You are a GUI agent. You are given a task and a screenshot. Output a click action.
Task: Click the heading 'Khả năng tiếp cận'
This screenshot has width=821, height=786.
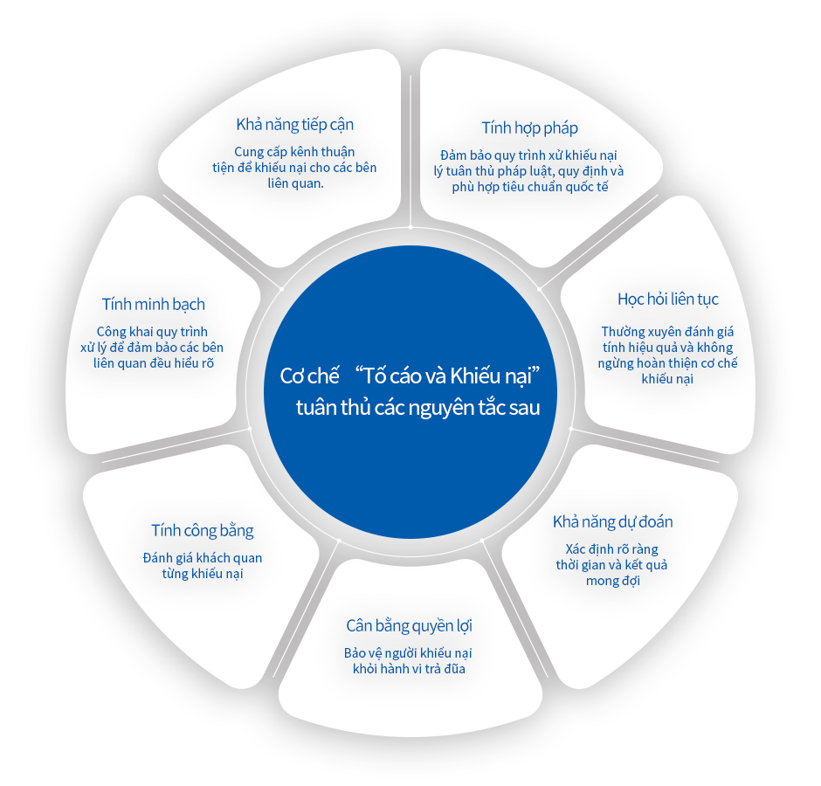pyautogui.click(x=295, y=125)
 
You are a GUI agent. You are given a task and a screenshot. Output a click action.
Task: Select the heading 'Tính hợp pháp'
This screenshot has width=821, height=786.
pyautogui.click(x=529, y=128)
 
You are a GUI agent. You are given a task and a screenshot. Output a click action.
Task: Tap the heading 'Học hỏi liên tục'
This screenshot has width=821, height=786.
pyautogui.click(x=667, y=299)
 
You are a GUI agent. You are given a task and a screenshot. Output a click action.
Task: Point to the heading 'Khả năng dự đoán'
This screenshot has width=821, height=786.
pyautogui.click(x=612, y=522)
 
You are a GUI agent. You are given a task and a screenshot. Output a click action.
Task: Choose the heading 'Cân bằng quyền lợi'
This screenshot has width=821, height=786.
pyautogui.click(x=409, y=626)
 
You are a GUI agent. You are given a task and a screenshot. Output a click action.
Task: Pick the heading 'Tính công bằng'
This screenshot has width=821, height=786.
pyautogui.click(x=202, y=530)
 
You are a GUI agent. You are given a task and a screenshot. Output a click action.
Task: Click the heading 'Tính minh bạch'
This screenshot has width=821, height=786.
pyautogui.click(x=154, y=304)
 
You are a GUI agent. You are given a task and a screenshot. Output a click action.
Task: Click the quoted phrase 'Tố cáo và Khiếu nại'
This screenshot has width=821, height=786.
pyautogui.click(x=447, y=376)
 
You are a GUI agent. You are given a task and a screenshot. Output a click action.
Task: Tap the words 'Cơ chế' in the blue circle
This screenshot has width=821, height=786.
pyautogui.click(x=309, y=376)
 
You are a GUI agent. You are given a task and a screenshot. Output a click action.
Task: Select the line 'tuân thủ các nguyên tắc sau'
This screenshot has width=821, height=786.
pyautogui.click(x=417, y=407)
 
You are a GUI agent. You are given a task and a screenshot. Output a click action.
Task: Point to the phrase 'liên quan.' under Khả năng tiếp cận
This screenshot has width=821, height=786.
pyautogui.click(x=295, y=183)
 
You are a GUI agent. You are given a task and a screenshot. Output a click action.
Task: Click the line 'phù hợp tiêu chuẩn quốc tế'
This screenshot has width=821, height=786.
pyautogui.click(x=530, y=187)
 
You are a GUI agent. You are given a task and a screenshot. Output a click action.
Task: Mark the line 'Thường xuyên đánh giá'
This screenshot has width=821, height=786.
pyautogui.click(x=667, y=332)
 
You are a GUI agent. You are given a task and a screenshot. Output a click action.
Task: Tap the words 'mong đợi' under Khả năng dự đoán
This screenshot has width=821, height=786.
pyautogui.click(x=612, y=581)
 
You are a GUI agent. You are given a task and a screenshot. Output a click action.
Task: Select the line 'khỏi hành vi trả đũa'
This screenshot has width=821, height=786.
pyautogui.click(x=409, y=669)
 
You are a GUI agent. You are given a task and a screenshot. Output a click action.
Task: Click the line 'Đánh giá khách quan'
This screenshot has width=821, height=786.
pyautogui.click(x=202, y=558)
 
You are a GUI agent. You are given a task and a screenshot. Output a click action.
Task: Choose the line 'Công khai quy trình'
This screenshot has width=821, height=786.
pyautogui.click(x=152, y=332)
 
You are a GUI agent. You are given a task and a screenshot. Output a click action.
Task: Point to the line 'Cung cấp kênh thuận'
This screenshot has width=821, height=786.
pyautogui.click(x=294, y=152)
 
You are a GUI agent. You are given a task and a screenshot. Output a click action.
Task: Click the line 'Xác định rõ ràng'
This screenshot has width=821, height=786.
pyautogui.click(x=611, y=549)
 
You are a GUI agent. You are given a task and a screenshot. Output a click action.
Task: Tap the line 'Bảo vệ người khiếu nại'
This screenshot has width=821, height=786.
pyautogui.click(x=408, y=653)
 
